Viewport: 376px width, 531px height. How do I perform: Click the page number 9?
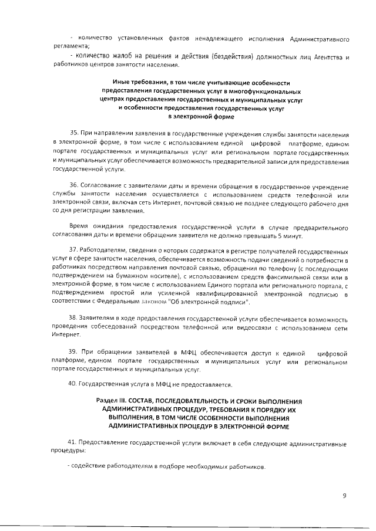[345, 495]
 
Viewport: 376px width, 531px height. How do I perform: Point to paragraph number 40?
[74, 385]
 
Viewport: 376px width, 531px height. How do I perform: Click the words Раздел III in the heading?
[109, 400]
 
